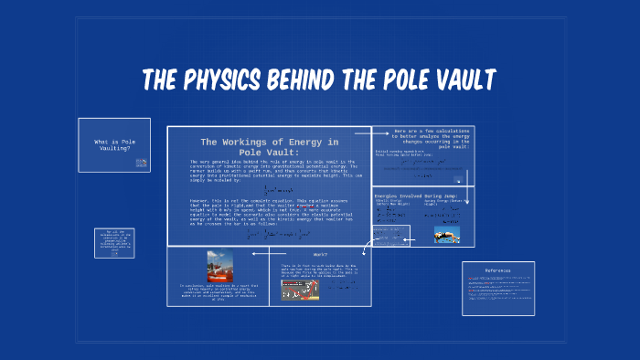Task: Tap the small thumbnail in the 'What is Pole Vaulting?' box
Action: [x=142, y=163]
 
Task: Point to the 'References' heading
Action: [x=497, y=270]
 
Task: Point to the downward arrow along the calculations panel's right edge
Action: [x=467, y=174]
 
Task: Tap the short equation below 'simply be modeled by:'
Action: [x=269, y=186]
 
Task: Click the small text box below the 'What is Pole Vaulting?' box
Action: [x=114, y=243]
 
